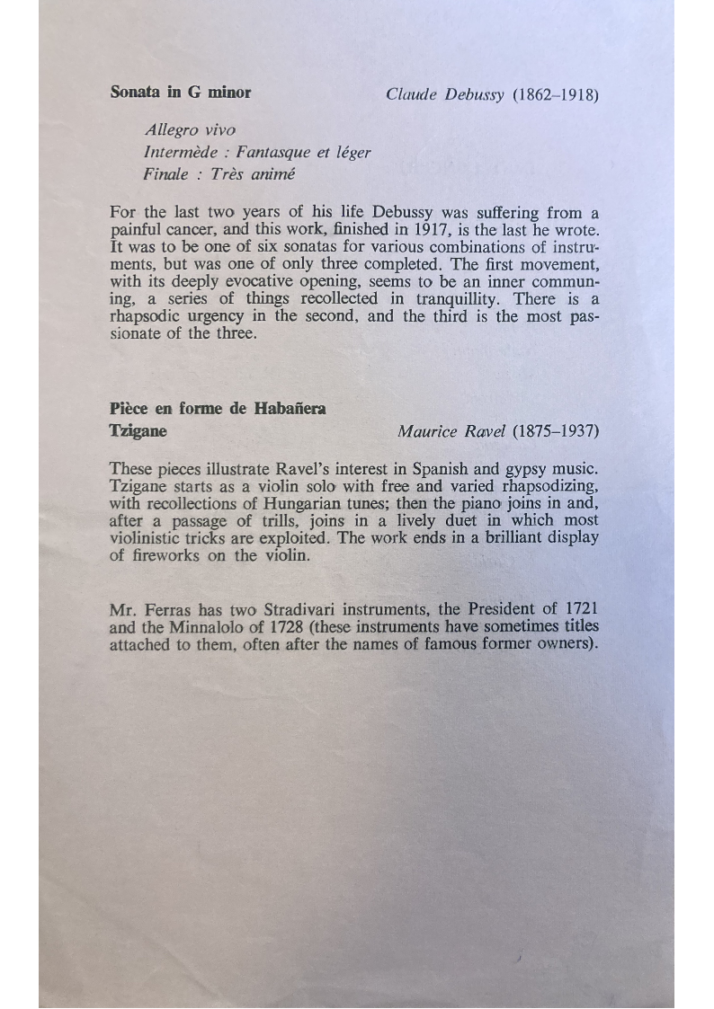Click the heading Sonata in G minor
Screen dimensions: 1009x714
[x=180, y=92]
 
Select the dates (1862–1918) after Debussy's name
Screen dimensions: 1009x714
[x=555, y=94]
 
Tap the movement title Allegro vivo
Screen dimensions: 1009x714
[x=190, y=130]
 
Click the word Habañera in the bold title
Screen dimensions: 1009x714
[x=290, y=409]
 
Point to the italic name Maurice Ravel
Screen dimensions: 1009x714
[x=451, y=431]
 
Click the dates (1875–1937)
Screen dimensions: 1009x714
[x=555, y=431]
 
